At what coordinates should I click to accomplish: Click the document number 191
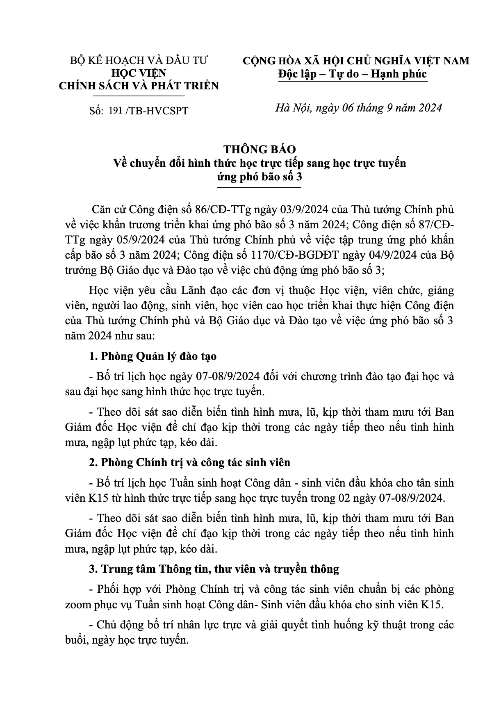coord(116,111)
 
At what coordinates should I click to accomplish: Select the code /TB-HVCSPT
coord(158,111)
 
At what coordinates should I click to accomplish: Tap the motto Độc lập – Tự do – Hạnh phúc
coord(352,74)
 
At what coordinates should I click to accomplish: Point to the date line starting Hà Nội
coord(358,108)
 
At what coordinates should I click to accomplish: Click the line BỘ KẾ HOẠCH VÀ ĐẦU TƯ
coord(139,61)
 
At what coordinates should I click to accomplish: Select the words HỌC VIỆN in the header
coord(139,73)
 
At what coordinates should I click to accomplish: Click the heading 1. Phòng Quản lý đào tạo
coord(153,356)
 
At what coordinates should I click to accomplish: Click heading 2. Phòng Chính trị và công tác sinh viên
coord(189,462)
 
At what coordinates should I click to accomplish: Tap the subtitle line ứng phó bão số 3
coord(259,177)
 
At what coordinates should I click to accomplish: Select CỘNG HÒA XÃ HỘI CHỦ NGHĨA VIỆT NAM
coord(356,61)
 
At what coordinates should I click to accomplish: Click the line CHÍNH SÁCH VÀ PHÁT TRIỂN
coord(139,86)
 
